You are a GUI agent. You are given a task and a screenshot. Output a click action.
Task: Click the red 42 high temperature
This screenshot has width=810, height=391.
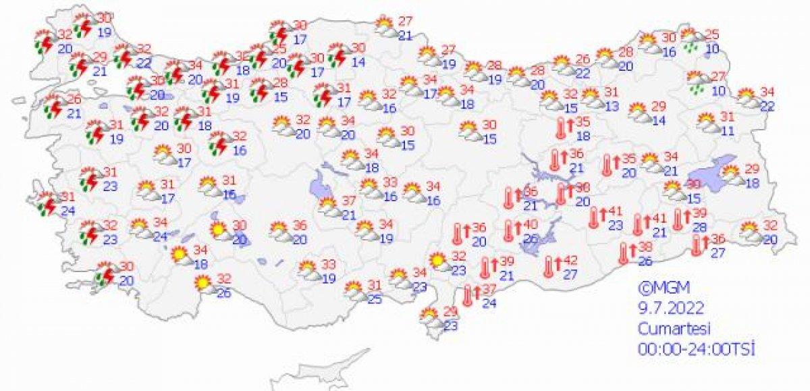tap(570, 260)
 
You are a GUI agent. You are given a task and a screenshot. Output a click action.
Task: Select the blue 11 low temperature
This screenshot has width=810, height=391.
tap(726, 130)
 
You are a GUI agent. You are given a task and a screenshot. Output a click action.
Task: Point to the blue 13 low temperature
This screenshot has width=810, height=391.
tap(612, 105)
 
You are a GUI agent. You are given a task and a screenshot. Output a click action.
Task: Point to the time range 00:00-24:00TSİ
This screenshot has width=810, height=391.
tap(695, 349)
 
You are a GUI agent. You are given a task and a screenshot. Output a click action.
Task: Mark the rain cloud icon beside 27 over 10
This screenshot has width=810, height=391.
tap(696, 82)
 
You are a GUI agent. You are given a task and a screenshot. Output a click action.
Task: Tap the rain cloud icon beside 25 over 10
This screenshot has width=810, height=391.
tap(690, 38)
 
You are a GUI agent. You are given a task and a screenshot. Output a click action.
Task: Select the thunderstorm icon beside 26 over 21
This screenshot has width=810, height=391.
tap(53, 107)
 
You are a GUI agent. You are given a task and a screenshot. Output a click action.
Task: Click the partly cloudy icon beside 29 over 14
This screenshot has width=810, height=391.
tap(637, 112)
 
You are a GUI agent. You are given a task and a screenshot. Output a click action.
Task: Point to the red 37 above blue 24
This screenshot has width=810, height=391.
tap(489, 289)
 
